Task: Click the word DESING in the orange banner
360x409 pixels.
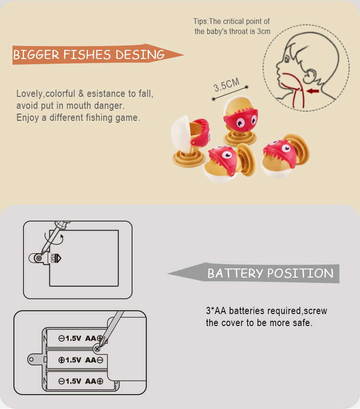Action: point(140,55)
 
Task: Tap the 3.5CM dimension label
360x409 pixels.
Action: point(227,85)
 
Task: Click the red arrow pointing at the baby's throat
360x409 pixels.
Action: point(313,91)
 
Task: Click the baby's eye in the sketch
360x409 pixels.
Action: point(287,60)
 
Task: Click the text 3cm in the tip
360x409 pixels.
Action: point(264,31)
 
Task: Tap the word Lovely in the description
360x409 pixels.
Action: point(29,94)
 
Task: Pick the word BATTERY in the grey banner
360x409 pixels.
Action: point(235,273)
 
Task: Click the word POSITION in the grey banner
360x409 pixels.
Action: point(300,273)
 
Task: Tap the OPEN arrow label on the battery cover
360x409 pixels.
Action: point(55,258)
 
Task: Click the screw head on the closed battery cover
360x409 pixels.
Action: point(38,258)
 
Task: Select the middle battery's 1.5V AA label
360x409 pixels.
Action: point(81,360)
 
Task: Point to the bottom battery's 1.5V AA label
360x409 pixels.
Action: point(81,381)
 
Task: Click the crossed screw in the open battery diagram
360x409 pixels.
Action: point(97,349)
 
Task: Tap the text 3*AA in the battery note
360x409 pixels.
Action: point(216,311)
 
